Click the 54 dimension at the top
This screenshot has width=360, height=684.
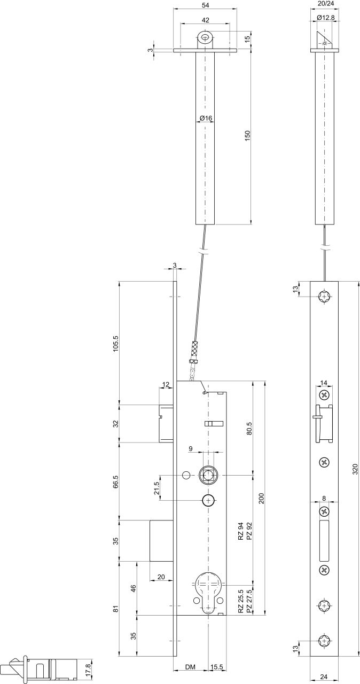point(206,5)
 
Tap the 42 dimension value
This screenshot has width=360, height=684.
point(206,20)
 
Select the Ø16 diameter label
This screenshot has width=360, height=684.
point(206,118)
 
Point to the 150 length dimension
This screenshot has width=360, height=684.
point(247,136)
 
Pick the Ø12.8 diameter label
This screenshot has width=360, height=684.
point(325,18)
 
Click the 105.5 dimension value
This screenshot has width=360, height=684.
point(116,344)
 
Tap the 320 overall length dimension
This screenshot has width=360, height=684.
point(355,469)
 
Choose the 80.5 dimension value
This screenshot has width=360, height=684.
point(249,429)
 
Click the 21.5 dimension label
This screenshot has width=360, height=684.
point(157,488)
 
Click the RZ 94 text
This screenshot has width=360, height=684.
point(241,531)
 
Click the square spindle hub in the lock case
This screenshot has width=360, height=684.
point(208,476)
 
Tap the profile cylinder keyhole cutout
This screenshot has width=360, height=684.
point(208,591)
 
